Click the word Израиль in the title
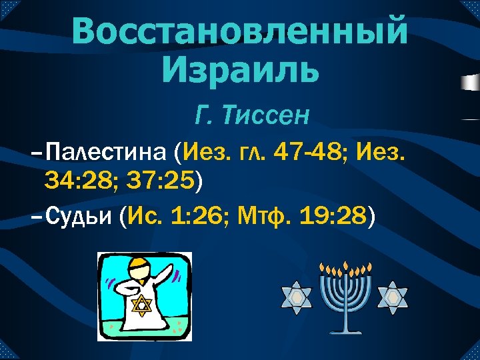239,69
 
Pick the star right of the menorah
392,297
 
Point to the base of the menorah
344,331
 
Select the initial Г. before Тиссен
203,115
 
